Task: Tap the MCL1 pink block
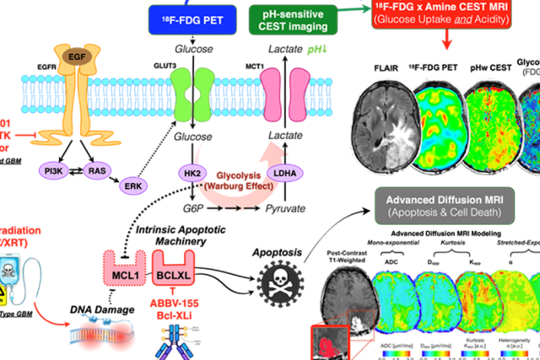pos(123,255)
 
